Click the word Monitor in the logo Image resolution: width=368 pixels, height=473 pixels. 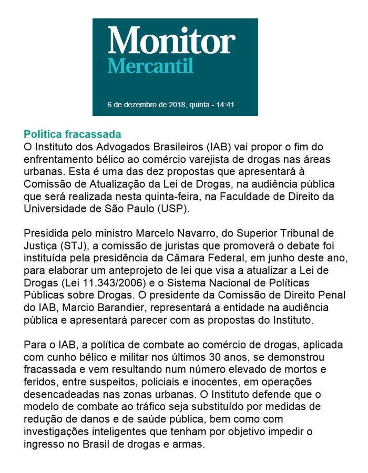click(171, 40)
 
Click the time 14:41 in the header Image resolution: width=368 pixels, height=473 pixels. click(225, 105)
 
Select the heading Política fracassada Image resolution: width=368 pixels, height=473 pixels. click(73, 133)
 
